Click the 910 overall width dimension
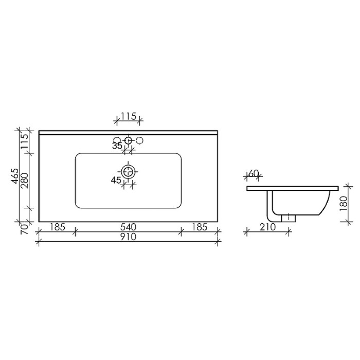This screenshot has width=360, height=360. coord(128,237)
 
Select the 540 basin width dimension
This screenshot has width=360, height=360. coord(128,227)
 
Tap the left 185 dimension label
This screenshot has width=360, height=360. coord(57,227)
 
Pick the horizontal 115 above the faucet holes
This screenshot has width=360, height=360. coord(127,117)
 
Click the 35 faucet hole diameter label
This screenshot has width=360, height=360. coord(117,146)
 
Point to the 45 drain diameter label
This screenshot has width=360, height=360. coord(116,179)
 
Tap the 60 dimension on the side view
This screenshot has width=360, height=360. coord(253,174)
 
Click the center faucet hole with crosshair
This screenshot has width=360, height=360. coord(128,140)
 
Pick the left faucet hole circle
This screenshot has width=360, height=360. coord(117,140)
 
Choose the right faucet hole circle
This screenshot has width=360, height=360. coord(139,140)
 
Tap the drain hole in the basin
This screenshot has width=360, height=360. coord(128,170)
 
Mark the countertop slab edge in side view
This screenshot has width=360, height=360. coord(293,188)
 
